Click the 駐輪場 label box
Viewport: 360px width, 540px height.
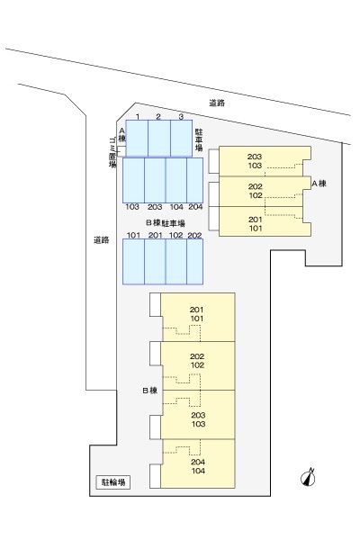111,483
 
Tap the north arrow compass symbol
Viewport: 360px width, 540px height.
308,477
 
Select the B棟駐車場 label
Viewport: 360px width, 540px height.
165,222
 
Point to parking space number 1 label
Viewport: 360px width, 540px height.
137,117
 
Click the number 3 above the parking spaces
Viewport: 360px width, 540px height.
181,117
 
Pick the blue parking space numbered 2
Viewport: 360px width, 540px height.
158,139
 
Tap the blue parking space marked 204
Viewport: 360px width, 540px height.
195,179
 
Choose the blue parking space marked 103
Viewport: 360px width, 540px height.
133,179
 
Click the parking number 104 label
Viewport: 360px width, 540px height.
175,207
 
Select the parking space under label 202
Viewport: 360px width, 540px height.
194,261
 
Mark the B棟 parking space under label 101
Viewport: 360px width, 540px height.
133,261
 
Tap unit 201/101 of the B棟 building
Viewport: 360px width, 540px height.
198,315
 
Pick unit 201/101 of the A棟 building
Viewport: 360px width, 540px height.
256,223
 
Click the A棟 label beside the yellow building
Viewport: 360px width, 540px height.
318,184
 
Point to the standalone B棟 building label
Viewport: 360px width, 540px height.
149,391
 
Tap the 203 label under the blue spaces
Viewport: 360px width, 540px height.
155,207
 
